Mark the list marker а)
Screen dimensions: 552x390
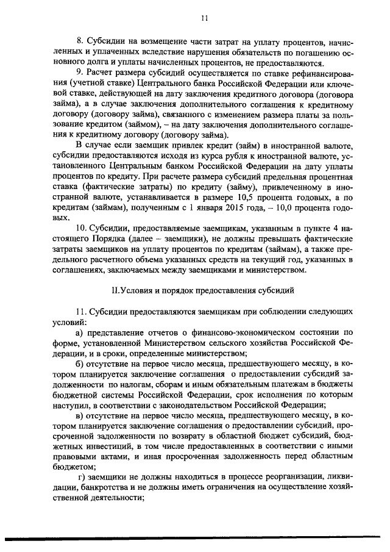pyautogui.click(x=79, y=332)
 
